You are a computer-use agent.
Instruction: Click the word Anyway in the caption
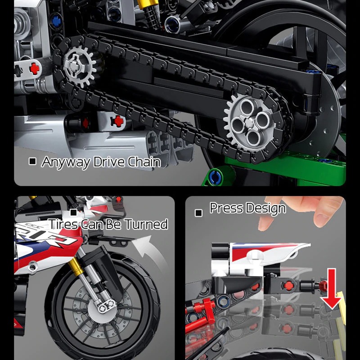click(66, 162)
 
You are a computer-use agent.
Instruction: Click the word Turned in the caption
click(146, 224)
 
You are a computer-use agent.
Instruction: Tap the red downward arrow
click(332, 293)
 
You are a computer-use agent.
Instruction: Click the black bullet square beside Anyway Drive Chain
click(32, 161)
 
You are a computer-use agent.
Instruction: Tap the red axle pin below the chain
click(117, 120)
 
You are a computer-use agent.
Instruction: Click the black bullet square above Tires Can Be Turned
click(73, 212)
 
